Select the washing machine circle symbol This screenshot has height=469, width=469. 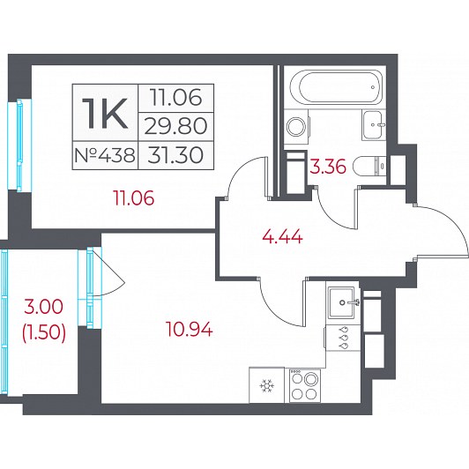(296, 127)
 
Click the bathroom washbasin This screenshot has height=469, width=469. (372, 125)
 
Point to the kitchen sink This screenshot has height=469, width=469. (341, 302)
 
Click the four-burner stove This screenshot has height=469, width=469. (304, 385)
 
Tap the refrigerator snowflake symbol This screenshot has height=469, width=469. (265, 385)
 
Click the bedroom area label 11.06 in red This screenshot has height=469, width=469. (133, 198)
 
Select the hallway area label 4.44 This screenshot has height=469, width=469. (282, 238)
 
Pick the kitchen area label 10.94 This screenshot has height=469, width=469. (190, 330)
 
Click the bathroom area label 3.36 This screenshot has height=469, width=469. (328, 167)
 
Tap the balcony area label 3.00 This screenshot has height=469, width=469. (44, 307)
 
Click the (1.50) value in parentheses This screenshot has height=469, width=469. (44, 332)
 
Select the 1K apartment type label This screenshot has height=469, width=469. (105, 114)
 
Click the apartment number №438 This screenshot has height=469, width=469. (105, 155)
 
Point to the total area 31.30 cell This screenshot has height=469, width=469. (175, 155)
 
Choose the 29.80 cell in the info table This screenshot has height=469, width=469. (175, 126)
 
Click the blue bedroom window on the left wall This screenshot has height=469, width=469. (19, 145)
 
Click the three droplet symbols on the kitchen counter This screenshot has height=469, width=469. (344, 338)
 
